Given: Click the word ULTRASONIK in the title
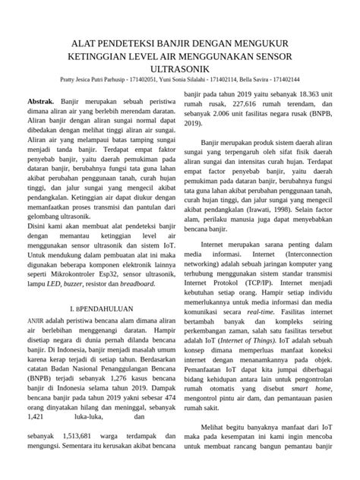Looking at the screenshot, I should pyautogui.click(x=180, y=68).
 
